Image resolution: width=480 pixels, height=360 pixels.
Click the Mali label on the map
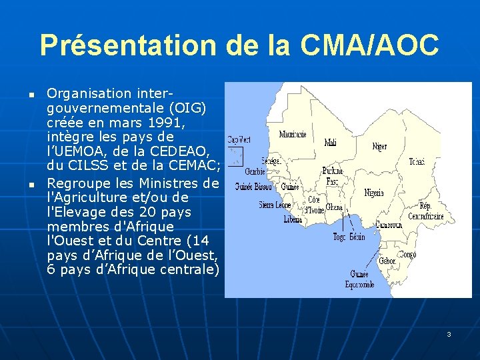[330, 143]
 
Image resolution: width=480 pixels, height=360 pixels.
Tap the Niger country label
[379, 146]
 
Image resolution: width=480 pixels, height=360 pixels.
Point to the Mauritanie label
[293, 134]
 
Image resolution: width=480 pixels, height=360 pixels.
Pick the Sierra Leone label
[275, 205]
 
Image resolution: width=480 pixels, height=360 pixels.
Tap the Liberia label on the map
[293, 219]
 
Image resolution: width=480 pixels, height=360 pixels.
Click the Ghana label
[334, 207]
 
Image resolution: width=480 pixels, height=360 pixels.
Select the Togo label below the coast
[339, 237]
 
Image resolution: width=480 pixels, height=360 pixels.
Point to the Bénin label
[357, 237]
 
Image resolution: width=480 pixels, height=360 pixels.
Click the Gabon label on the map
[387, 261]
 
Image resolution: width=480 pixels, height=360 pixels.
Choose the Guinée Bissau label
[253, 187]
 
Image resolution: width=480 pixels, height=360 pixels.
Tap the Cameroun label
[388, 225]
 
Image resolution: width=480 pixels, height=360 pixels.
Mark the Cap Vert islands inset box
[235, 156]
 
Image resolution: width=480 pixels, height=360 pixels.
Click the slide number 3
[449, 334]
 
